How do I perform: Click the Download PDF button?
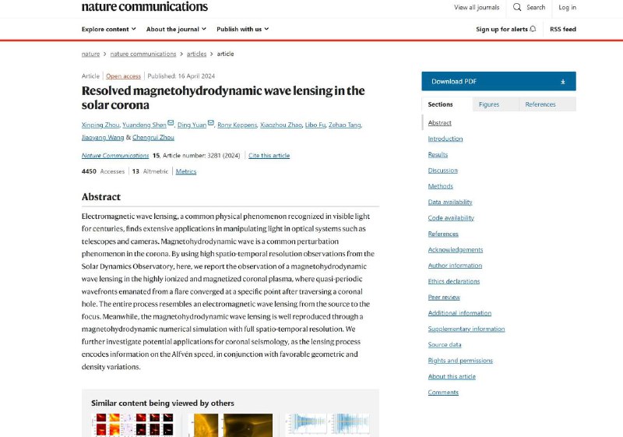click(498, 81)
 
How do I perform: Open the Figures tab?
click(489, 104)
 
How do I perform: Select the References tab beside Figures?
click(540, 104)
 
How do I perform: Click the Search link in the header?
click(529, 8)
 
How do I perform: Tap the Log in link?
click(567, 8)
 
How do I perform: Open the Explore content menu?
click(109, 30)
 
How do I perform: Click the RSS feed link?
click(563, 30)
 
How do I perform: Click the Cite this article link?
click(269, 156)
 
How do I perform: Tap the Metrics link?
click(186, 171)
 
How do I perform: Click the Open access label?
click(123, 76)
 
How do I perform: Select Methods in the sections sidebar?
click(440, 186)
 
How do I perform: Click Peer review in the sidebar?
click(444, 297)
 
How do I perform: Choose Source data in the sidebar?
click(445, 344)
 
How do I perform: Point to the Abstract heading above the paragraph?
click(101, 197)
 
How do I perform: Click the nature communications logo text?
click(145, 7)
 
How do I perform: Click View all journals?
click(477, 8)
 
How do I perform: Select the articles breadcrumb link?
click(196, 54)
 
